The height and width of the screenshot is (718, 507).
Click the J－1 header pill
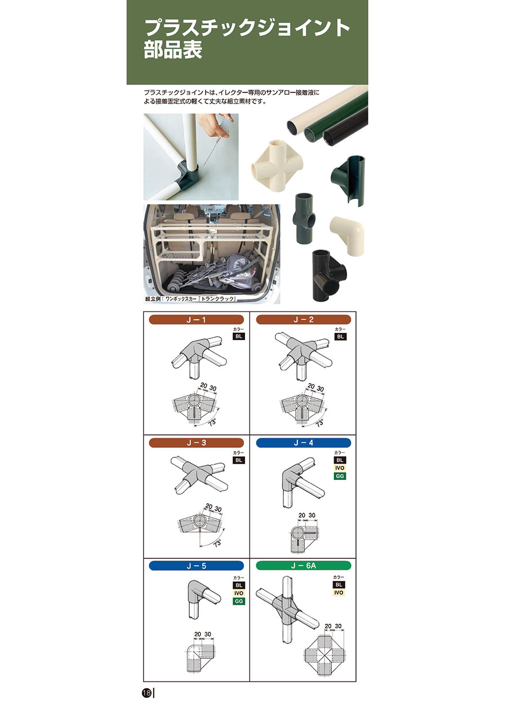(x=196, y=320)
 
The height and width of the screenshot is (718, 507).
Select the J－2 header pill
(x=304, y=320)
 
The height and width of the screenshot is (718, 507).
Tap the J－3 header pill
(x=196, y=443)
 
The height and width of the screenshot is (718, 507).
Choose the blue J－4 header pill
(x=304, y=443)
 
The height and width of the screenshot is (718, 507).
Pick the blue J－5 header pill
(x=196, y=566)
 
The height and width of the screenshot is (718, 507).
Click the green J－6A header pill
(x=304, y=566)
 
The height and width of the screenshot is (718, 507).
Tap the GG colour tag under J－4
(x=340, y=476)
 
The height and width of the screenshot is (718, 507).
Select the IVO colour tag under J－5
(x=239, y=593)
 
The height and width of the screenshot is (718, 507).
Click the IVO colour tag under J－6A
(x=339, y=592)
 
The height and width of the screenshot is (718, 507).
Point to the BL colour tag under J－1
(x=238, y=336)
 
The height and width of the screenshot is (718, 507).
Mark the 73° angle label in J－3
(x=217, y=544)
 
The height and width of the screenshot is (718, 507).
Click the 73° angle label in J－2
(x=319, y=423)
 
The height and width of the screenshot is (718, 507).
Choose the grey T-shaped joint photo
(x=304, y=218)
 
